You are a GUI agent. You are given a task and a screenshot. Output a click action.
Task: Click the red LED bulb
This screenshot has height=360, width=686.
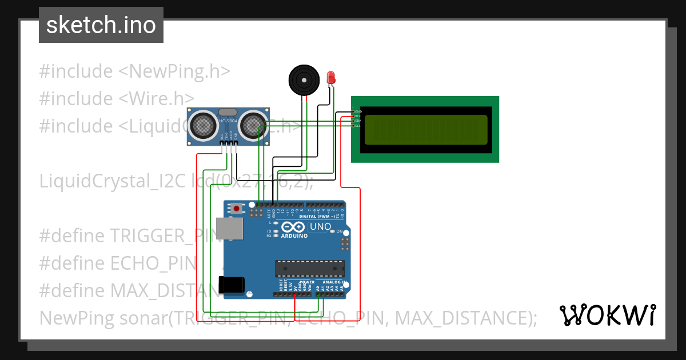330,77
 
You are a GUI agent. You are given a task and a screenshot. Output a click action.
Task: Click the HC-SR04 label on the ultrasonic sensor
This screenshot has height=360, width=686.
228,121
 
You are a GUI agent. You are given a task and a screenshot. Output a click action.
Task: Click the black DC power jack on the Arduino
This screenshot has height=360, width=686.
232,284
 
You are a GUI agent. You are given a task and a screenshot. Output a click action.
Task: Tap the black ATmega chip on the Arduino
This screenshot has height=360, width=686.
310,268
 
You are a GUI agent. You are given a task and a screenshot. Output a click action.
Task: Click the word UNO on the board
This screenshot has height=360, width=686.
320,227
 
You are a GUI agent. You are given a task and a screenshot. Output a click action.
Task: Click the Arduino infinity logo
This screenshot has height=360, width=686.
293,227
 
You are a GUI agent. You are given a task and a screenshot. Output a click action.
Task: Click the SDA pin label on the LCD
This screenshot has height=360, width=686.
358,121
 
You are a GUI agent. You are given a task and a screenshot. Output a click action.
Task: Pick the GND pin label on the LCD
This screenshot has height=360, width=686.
358,111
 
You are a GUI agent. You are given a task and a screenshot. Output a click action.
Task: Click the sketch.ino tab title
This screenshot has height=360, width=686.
101,25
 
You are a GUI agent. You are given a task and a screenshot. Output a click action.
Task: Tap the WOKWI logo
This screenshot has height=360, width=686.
607,315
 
